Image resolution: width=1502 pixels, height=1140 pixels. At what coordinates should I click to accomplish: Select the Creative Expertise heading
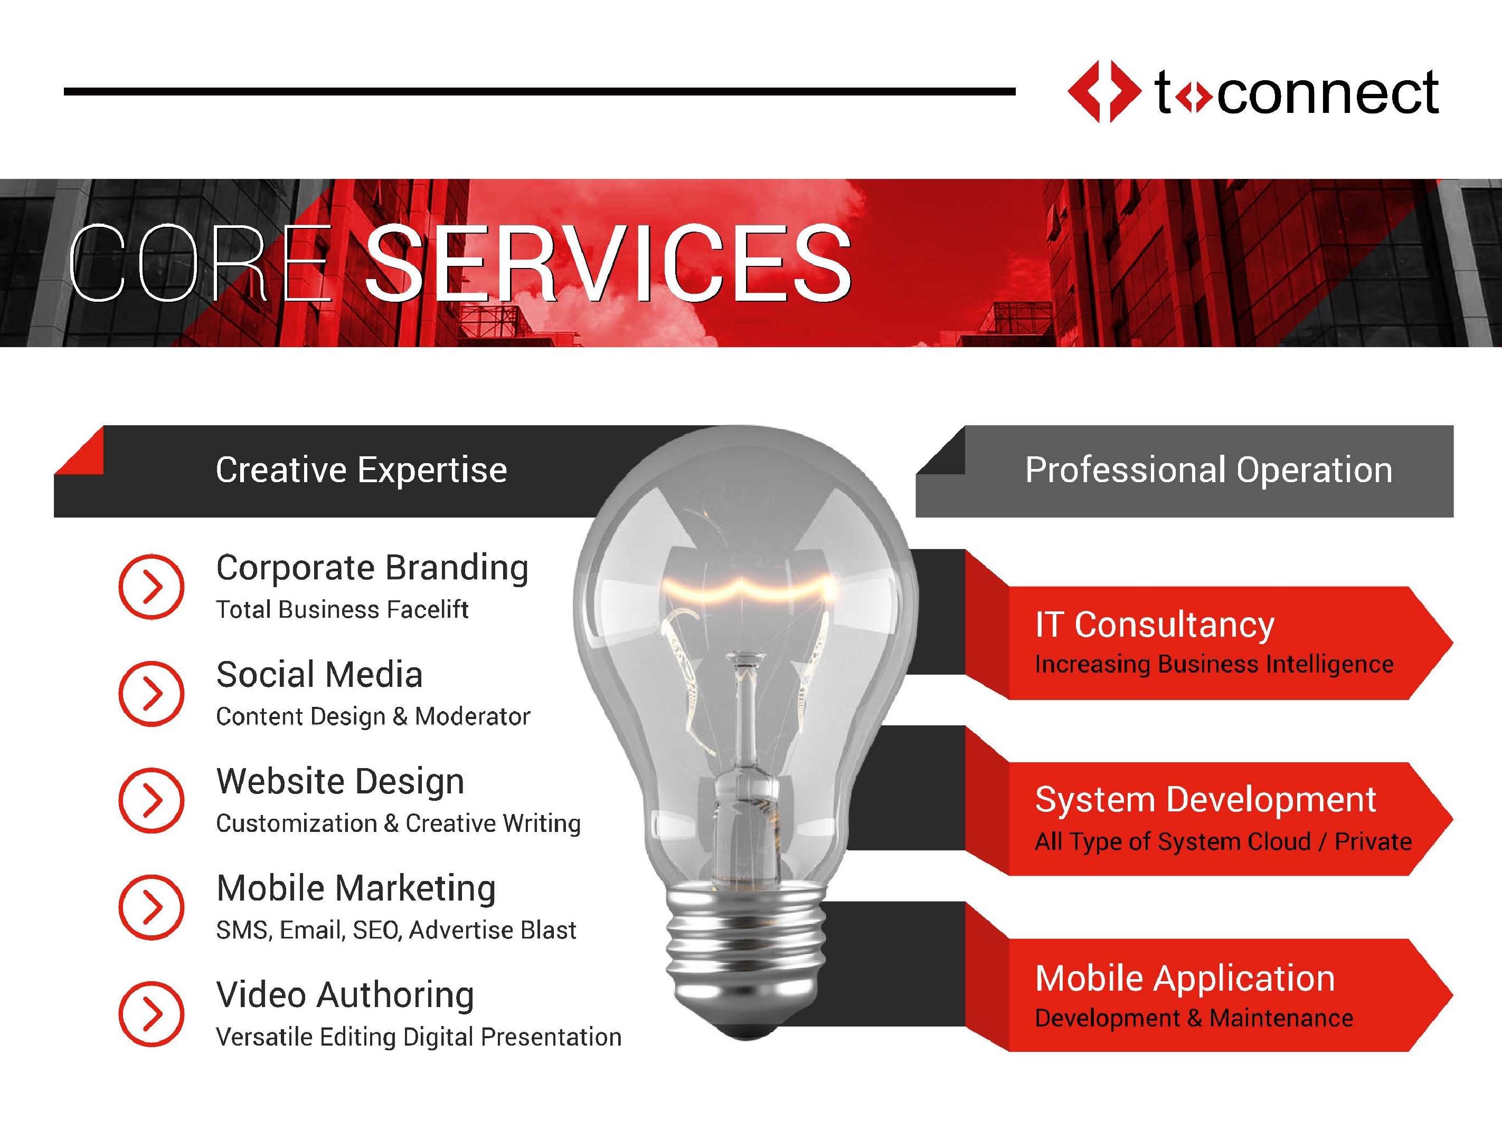click(x=361, y=470)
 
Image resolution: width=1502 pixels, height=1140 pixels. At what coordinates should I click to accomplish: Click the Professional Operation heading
click(x=1208, y=470)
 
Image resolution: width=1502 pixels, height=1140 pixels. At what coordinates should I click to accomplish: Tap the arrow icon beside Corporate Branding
click(x=152, y=586)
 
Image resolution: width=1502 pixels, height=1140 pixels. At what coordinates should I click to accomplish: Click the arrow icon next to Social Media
click(x=152, y=694)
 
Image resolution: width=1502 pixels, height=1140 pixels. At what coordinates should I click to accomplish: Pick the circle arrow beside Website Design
click(x=152, y=800)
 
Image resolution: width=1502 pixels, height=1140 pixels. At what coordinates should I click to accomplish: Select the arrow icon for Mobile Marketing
click(x=152, y=907)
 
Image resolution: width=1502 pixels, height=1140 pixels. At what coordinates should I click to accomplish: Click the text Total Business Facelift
click(x=342, y=609)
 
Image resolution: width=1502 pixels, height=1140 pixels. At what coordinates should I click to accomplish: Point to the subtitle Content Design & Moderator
click(x=373, y=716)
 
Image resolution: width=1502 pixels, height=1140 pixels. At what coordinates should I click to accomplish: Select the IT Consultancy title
click(x=1154, y=625)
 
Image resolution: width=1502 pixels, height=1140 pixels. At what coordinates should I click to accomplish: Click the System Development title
click(x=1205, y=801)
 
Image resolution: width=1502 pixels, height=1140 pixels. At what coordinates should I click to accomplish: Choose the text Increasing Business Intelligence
click(x=1214, y=664)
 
